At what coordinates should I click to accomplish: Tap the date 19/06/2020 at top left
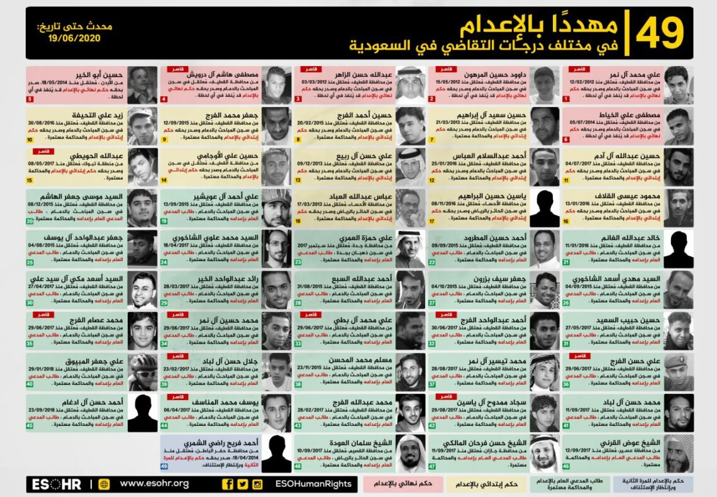click(x=74, y=38)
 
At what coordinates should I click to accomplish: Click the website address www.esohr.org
click(x=154, y=483)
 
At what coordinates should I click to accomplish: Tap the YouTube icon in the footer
click(x=256, y=484)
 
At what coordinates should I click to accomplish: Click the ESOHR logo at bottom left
click(x=57, y=484)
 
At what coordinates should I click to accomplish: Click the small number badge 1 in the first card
click(x=565, y=99)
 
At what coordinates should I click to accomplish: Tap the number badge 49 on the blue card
click(x=164, y=466)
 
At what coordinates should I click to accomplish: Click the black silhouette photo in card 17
click(x=544, y=209)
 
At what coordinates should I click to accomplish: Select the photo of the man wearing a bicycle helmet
click(x=142, y=373)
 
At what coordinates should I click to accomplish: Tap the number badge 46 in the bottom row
click(x=565, y=466)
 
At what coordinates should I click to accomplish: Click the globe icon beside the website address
click(x=104, y=484)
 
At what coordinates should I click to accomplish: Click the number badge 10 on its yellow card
click(x=30, y=139)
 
